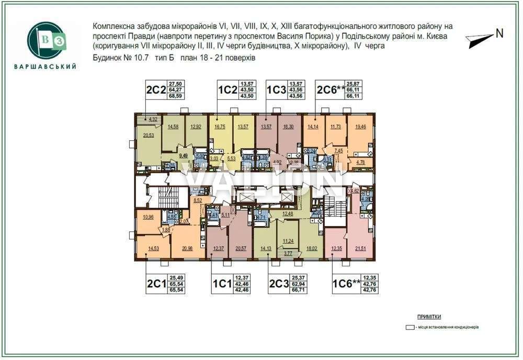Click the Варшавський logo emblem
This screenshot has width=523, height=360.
click(x=46, y=41)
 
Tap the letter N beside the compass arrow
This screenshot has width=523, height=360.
click(x=499, y=33)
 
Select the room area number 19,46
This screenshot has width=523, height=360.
click(x=360, y=127)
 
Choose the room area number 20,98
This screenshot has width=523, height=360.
click(x=186, y=248)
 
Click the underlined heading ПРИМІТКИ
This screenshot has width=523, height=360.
click(x=429, y=317)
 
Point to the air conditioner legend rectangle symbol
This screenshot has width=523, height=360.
click(x=411, y=327)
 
